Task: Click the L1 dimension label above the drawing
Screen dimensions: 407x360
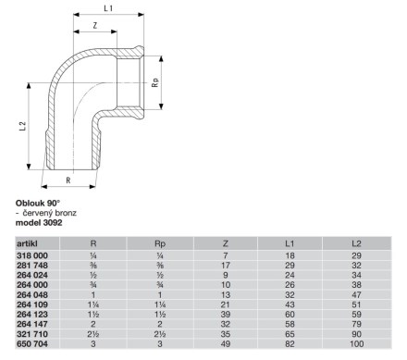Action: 108,8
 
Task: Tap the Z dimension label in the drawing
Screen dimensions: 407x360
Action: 95,26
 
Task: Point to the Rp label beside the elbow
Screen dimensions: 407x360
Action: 155,82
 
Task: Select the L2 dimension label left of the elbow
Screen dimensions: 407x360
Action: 22,126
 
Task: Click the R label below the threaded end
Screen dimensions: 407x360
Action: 68,180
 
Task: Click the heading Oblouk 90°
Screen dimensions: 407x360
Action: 38,204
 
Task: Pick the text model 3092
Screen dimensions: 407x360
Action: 39,223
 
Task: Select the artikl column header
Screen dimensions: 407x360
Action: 27,243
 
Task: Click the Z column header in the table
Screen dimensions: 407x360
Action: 226,243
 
